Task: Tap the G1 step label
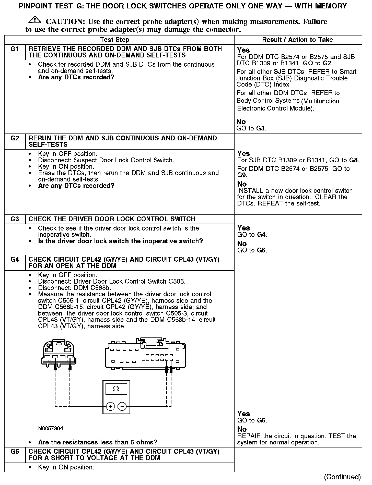pos(15,49)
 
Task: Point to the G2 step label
pos(15,138)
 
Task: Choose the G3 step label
pos(15,219)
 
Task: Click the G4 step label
pos(15,260)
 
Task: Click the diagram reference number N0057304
pos(51,428)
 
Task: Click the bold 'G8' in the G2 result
pos(354,160)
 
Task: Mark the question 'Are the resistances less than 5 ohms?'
pos(98,442)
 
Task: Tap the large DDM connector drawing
pos(146,355)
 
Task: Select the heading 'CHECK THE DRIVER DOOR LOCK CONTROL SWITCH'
pos(112,219)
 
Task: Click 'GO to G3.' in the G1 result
pos(251,128)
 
